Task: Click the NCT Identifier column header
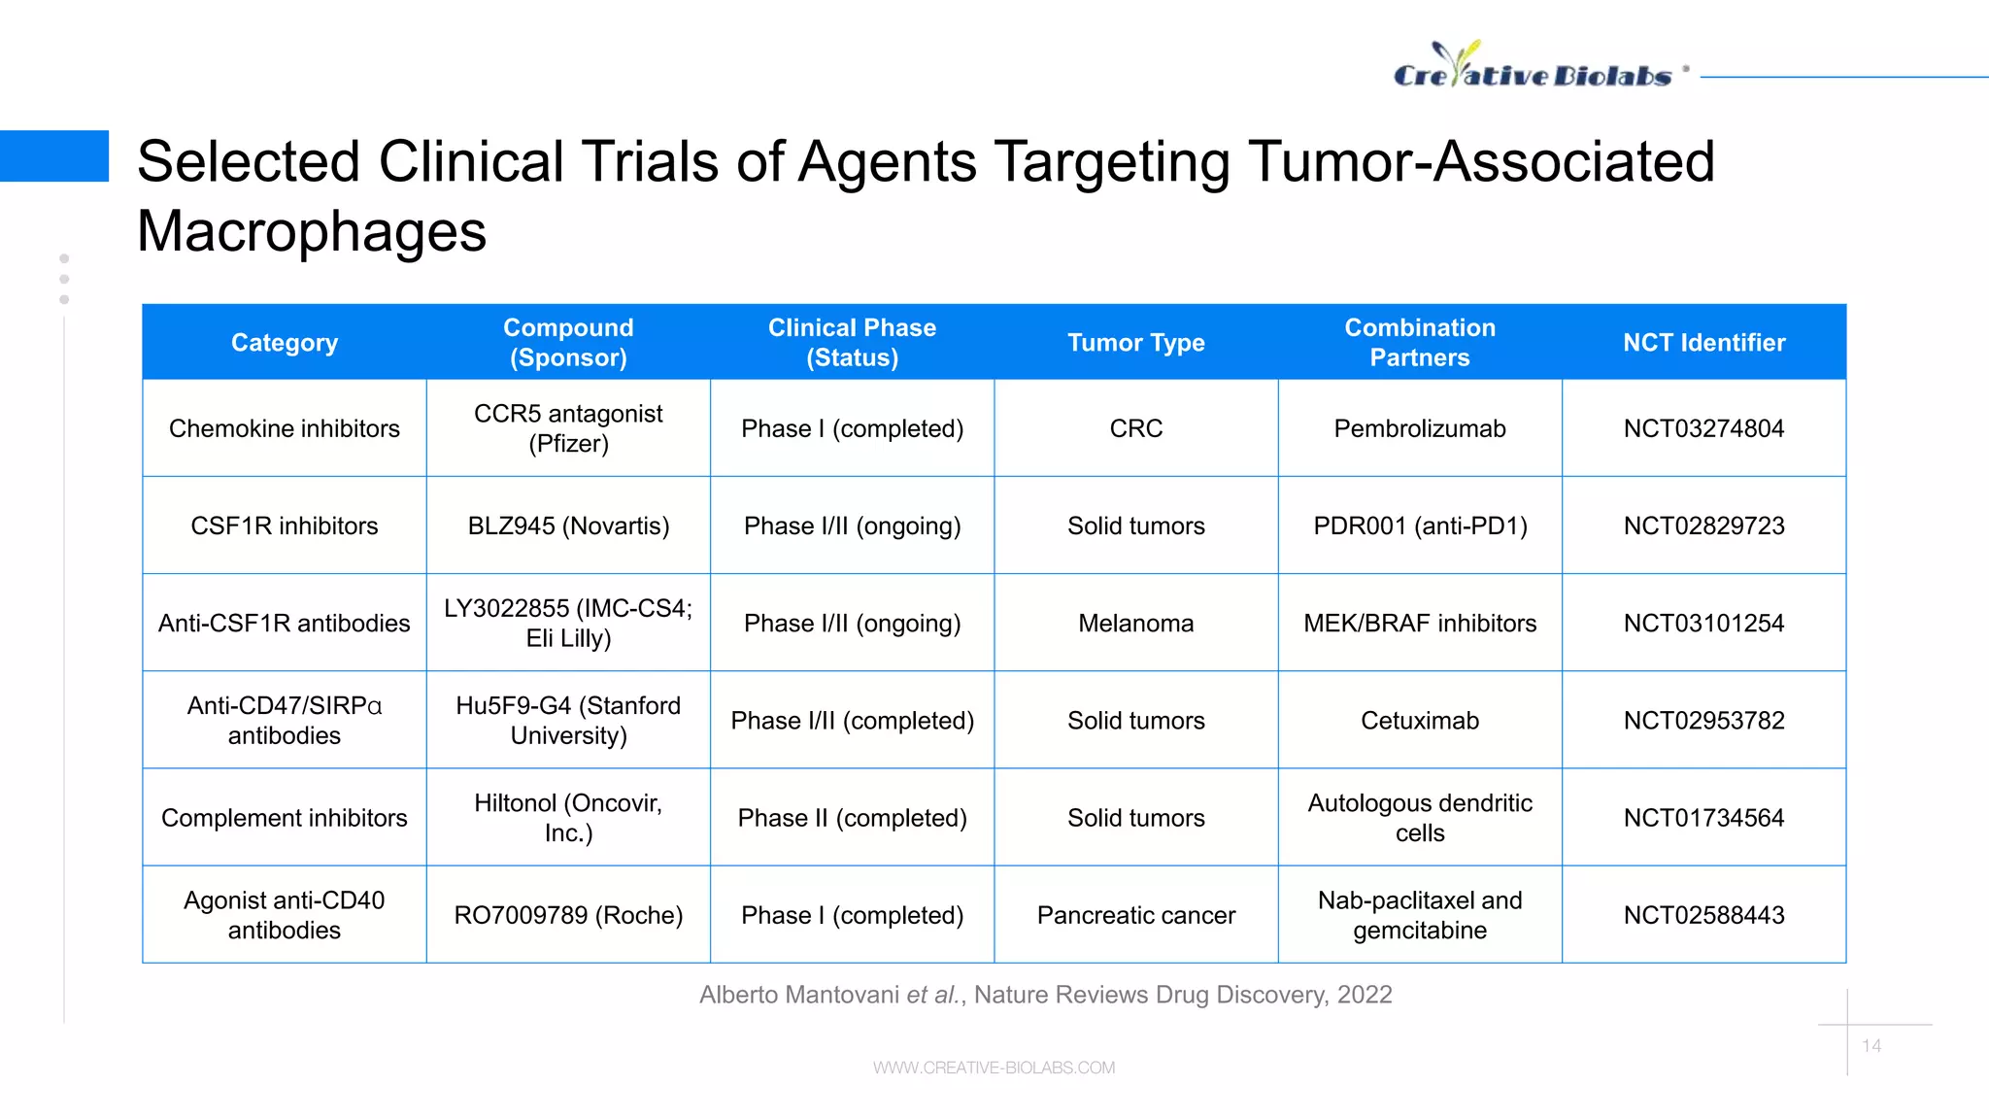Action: (1703, 343)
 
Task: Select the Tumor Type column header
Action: (1135, 343)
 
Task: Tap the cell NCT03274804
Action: (1703, 428)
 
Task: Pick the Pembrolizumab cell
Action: (1419, 428)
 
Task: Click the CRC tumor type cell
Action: (1135, 428)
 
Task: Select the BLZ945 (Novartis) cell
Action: (568, 526)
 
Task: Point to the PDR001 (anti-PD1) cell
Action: (1419, 526)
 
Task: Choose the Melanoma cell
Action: (1135, 623)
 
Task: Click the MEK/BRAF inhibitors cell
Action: (1419, 623)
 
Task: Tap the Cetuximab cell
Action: (1419, 721)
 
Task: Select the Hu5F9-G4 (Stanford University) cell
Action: (568, 721)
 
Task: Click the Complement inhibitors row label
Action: (284, 818)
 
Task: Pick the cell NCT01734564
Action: (1703, 818)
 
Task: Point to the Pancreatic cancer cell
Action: (1135, 915)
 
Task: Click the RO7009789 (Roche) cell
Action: (568, 915)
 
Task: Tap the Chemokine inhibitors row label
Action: (284, 428)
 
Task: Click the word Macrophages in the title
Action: (312, 231)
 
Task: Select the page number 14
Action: (1871, 1046)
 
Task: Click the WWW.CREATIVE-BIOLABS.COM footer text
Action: (994, 1068)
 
